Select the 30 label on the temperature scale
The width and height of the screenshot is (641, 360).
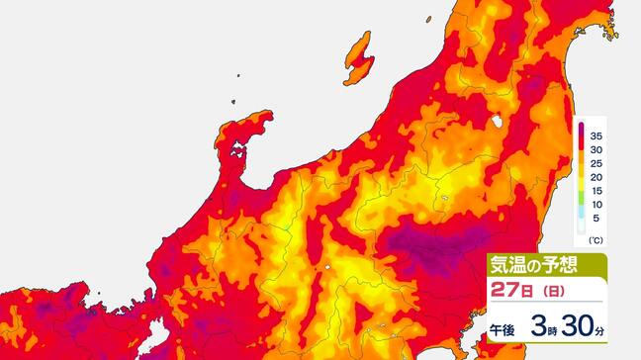pos(596,149)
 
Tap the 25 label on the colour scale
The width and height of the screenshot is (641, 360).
pos(596,164)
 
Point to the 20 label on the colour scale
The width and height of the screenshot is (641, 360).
pos(596,179)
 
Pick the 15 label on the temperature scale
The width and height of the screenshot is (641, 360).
pos(596,194)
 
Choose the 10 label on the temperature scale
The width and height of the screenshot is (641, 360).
pos(596,209)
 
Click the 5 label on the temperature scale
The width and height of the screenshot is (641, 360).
pos(596,224)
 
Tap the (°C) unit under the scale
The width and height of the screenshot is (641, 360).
pos(596,240)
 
